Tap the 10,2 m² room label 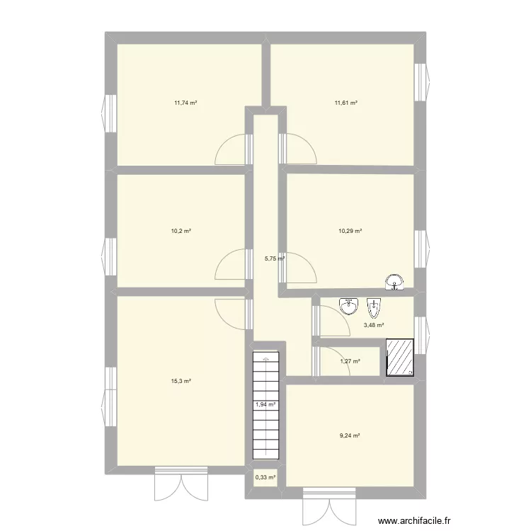click(x=183, y=231)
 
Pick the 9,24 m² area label click(x=350, y=435)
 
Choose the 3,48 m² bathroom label click(x=374, y=326)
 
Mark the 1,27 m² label click(x=350, y=362)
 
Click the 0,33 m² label click(x=265, y=477)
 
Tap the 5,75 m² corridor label click(x=274, y=258)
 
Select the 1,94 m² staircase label click(x=265, y=405)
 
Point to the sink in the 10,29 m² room click(x=394, y=283)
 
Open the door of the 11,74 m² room click(x=232, y=150)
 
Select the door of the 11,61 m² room click(x=297, y=150)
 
